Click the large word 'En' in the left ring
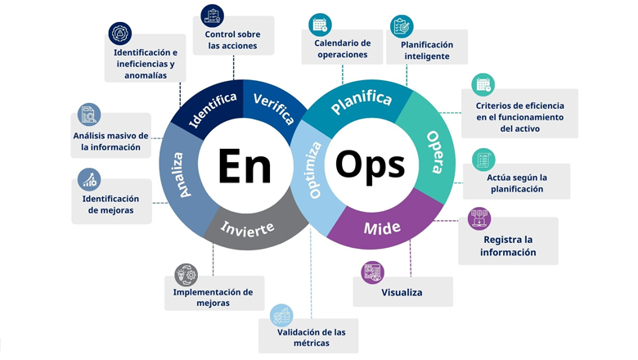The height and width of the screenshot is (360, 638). coord(245,165)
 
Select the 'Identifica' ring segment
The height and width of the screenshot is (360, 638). coord(213,110)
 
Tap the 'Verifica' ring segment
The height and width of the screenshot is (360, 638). coord(273,108)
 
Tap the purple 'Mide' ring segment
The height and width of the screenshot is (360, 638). coord(382,227)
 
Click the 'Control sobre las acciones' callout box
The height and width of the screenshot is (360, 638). coord(233,40)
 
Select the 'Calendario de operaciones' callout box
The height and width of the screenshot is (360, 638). coord(342,49)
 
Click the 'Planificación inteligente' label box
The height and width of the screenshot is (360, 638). coord(427,51)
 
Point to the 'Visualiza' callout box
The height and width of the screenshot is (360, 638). coord(402,292)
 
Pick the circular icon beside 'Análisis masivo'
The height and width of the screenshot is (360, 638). coord(88,115)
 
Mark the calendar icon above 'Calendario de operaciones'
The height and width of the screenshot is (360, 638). coord(321,24)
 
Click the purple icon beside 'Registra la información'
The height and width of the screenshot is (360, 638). coord(479,218)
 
